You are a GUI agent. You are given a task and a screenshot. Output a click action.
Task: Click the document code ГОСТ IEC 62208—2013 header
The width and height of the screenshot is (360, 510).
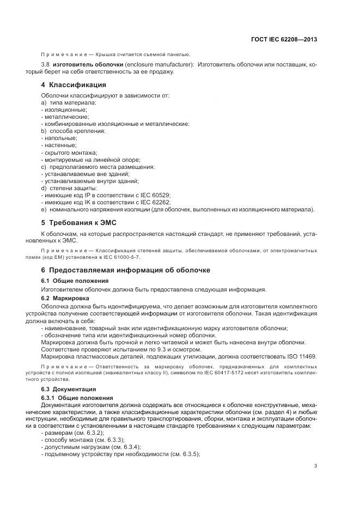(284, 40)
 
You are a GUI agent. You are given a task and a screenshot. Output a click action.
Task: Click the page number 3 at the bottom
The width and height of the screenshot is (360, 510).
(316, 465)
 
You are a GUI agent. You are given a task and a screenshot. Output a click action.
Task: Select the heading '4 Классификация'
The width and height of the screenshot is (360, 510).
(74, 85)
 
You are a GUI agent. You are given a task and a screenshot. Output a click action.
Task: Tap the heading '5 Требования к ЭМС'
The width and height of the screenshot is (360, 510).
(79, 222)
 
